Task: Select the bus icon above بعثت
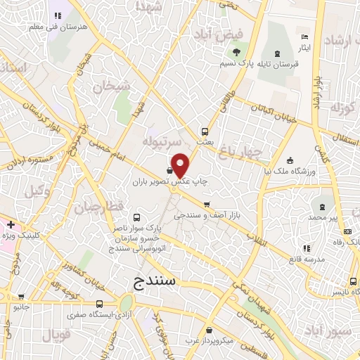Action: tap(205, 131)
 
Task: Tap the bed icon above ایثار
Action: tap(304, 37)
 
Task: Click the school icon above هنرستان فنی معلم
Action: tap(56, 15)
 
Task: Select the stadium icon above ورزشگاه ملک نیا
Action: tap(290, 160)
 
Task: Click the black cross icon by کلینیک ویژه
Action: tap(11, 224)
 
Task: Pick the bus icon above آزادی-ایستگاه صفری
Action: tap(98, 304)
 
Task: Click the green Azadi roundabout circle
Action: tap(127, 304)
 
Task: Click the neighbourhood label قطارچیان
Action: tap(108, 209)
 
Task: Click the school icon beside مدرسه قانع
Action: tap(304, 248)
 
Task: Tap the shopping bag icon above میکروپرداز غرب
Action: tap(209, 330)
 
